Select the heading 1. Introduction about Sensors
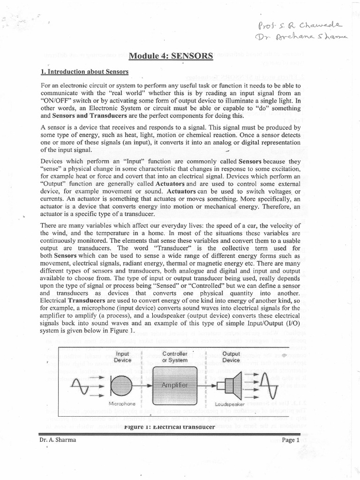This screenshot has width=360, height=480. [84, 72]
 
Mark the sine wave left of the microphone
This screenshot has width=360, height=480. [81, 385]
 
